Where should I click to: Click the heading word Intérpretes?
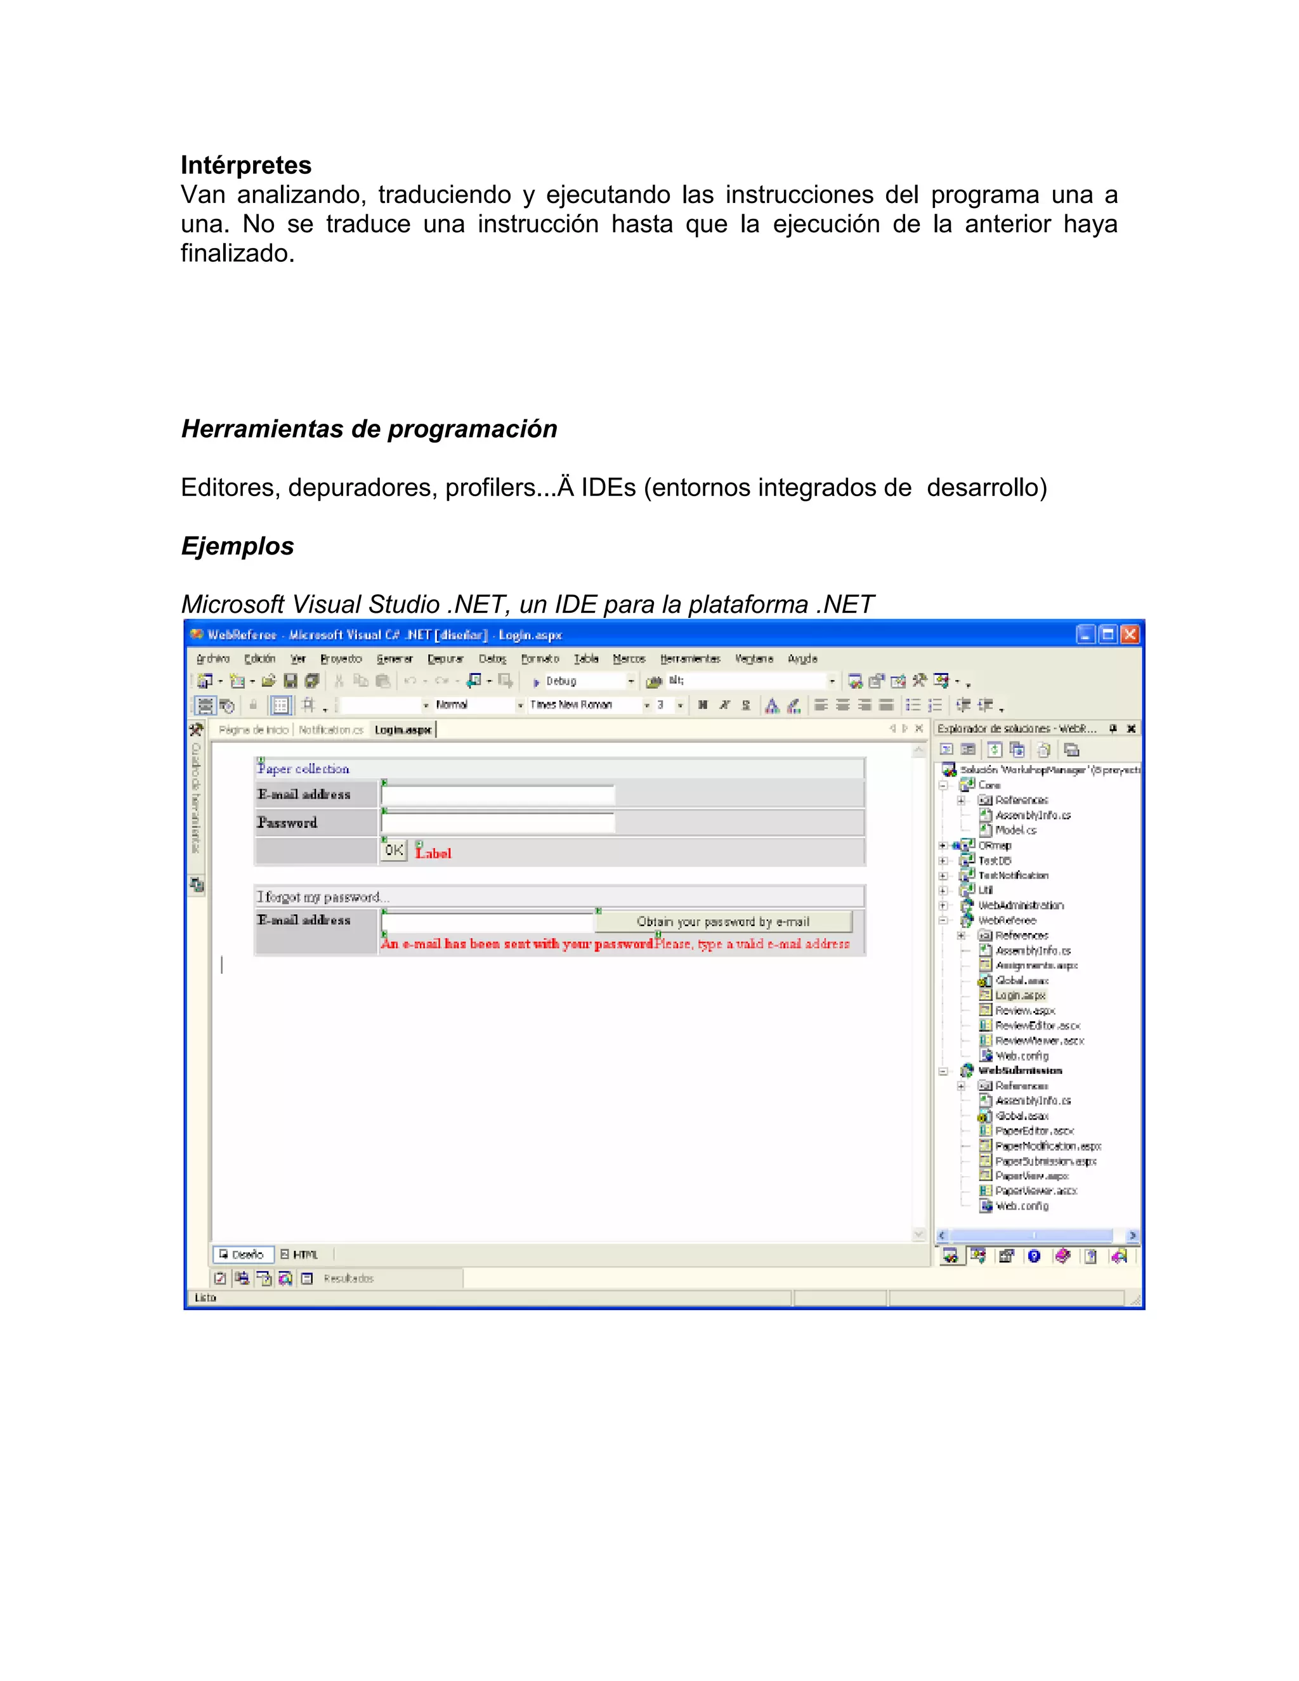(x=245, y=166)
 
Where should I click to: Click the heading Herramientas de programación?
(x=369, y=429)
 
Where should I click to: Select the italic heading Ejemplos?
(x=237, y=546)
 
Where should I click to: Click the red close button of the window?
(x=1129, y=634)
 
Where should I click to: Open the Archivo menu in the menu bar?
(x=213, y=659)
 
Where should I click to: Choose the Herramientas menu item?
(x=689, y=659)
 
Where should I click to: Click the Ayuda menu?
(x=802, y=659)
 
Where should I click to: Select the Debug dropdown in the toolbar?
(x=585, y=681)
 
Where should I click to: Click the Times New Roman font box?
(x=585, y=704)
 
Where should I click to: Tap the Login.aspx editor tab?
(x=403, y=729)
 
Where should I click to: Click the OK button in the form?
(x=394, y=850)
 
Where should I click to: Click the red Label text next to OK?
(x=434, y=853)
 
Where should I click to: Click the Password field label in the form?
(x=287, y=823)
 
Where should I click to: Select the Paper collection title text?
(x=303, y=769)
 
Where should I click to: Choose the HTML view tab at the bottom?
(x=300, y=1254)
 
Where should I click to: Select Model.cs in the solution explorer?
(x=1016, y=830)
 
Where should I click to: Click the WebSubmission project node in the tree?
(x=1020, y=1071)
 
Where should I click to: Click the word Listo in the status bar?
(x=206, y=1298)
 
